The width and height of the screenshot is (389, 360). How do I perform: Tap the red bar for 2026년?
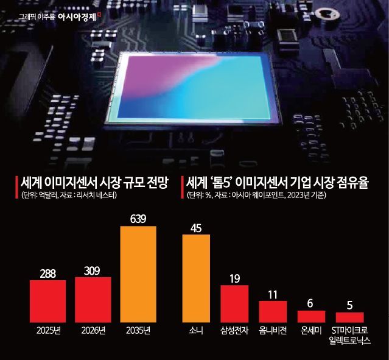[x=93, y=299]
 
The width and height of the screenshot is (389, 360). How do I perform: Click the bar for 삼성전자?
[x=234, y=303]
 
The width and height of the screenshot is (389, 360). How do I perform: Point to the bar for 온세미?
[x=311, y=316]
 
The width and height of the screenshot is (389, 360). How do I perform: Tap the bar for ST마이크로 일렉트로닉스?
[x=349, y=317]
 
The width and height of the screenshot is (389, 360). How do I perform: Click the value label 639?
[x=138, y=217]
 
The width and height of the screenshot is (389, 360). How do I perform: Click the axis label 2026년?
[x=93, y=331]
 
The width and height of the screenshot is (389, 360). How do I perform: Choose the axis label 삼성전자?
[x=234, y=331]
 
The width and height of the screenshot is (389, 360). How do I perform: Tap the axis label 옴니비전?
[x=273, y=331]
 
